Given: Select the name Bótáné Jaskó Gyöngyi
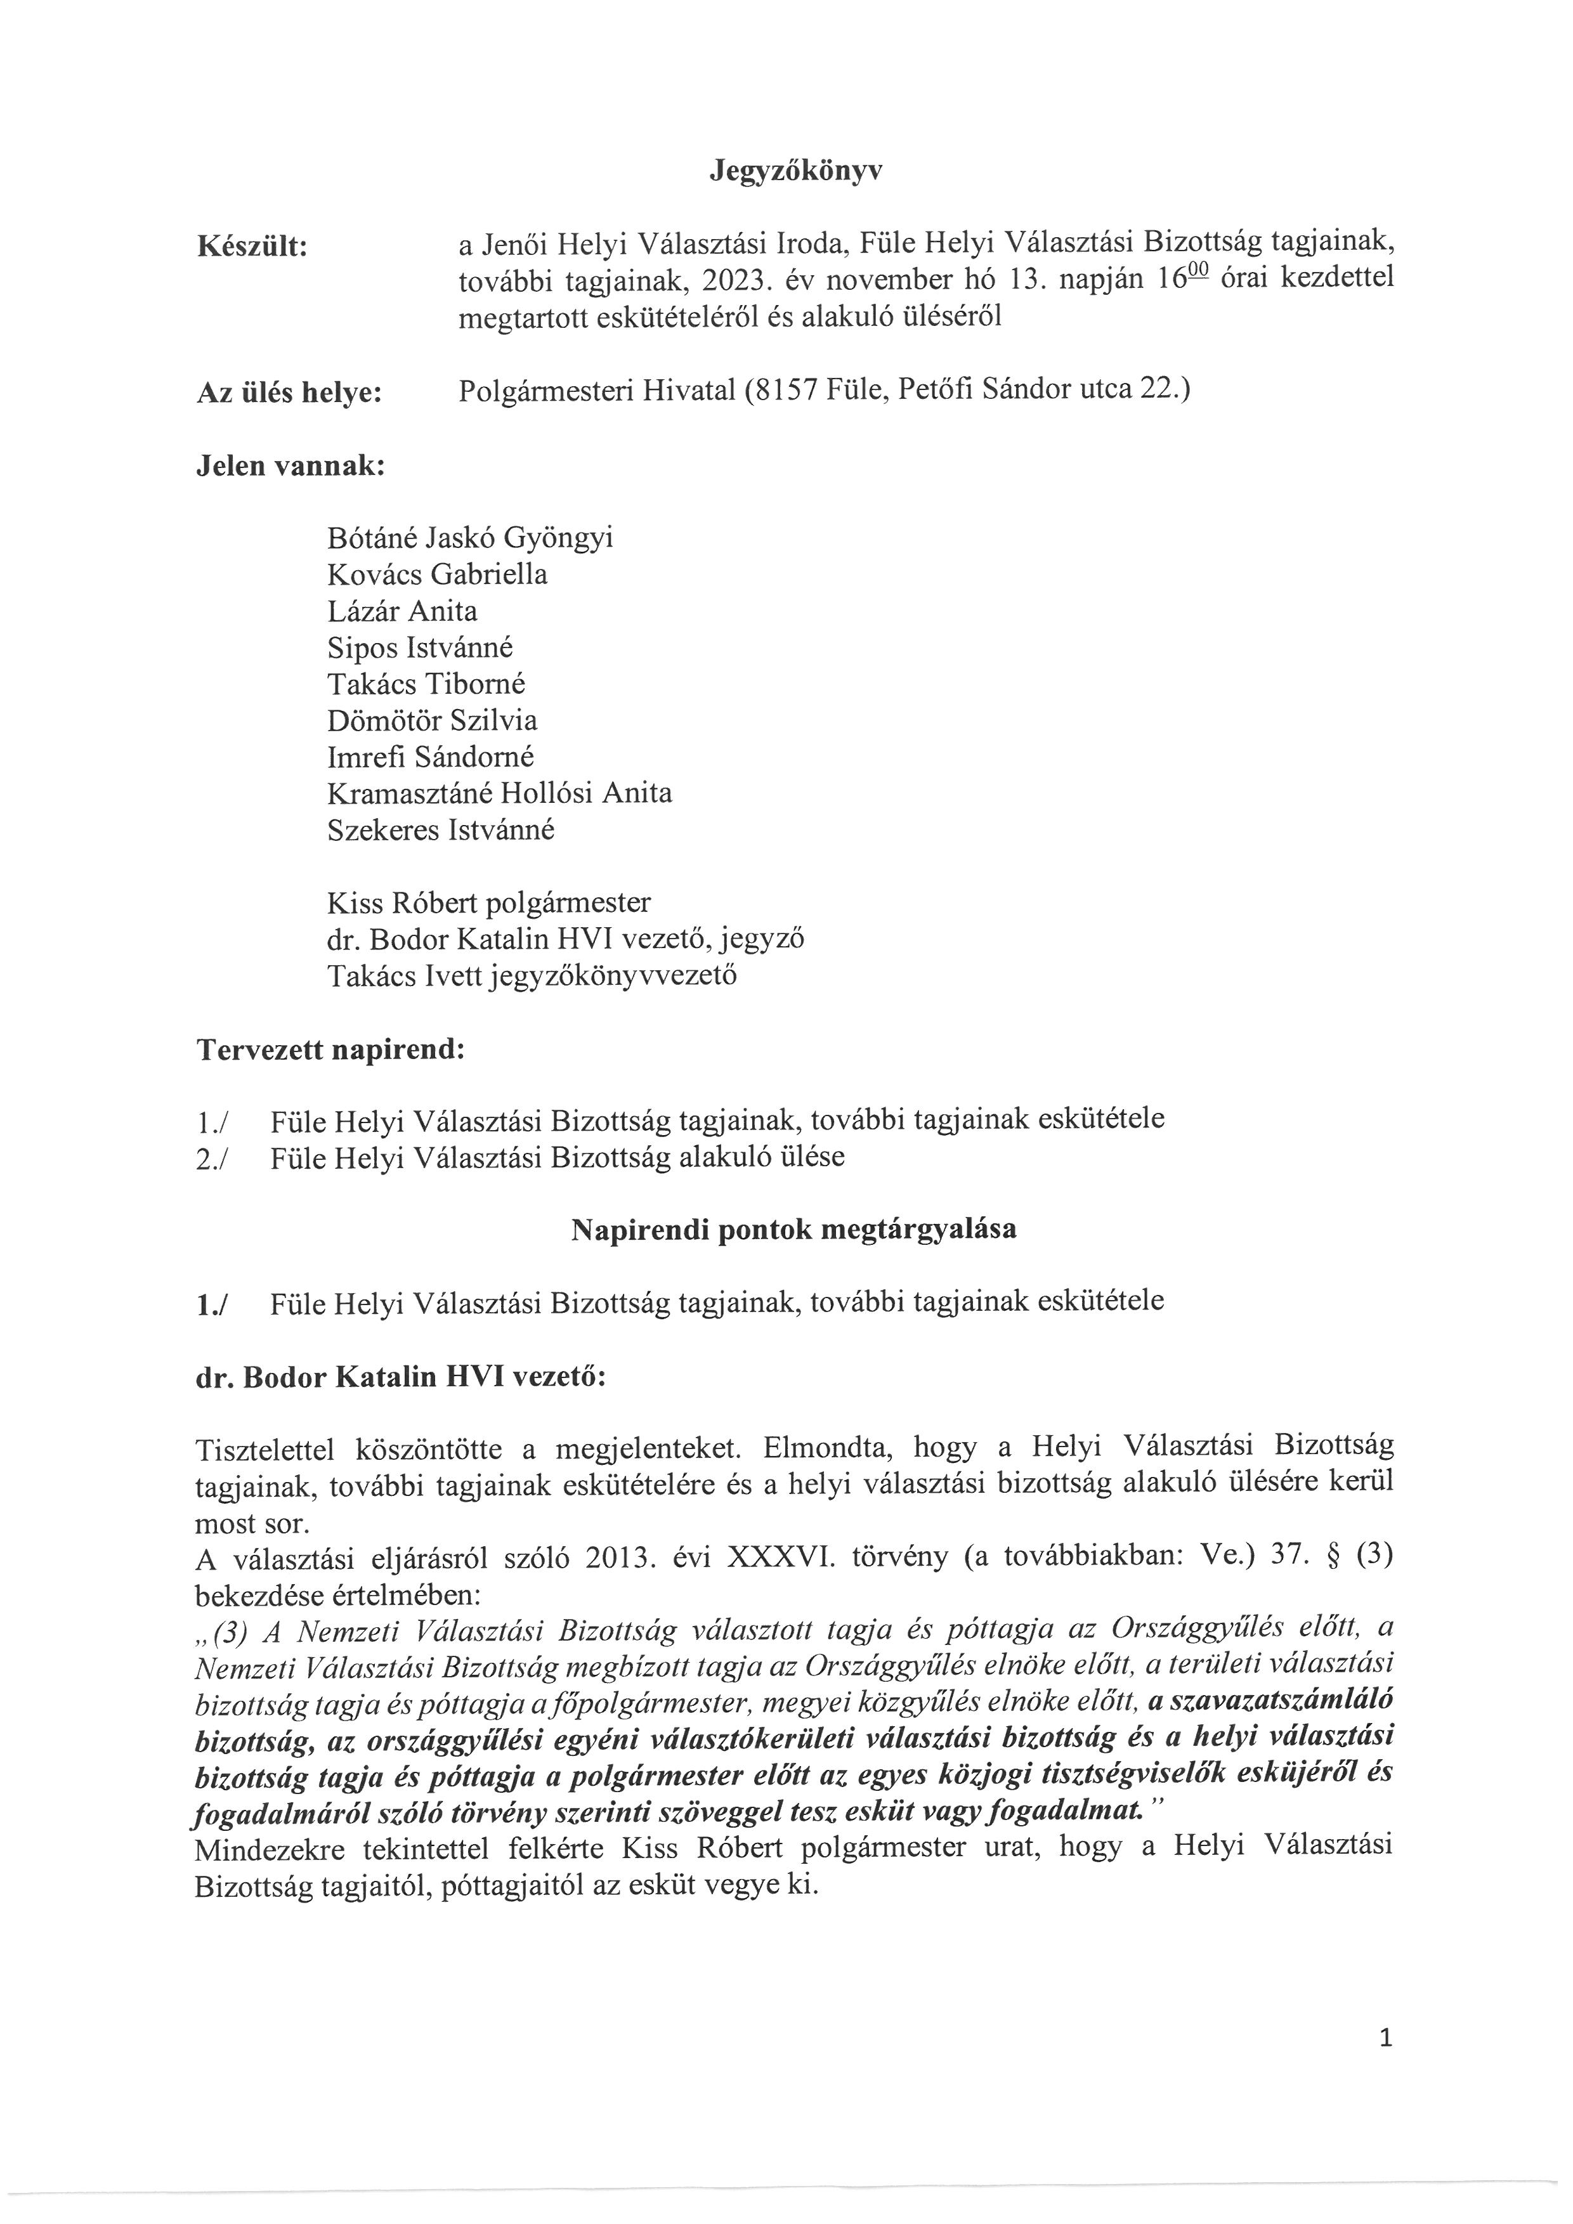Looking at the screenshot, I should pyautogui.click(x=470, y=538).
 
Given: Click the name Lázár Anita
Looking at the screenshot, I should pyautogui.click(x=402, y=611).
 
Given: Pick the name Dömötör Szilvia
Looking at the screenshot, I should pyautogui.click(x=432, y=720).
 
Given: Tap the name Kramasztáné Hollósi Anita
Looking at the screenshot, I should pyautogui.click(x=499, y=793).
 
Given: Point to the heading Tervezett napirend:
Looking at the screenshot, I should pyautogui.click(x=330, y=1050).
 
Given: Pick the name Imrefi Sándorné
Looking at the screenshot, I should pyautogui.click(x=430, y=757).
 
